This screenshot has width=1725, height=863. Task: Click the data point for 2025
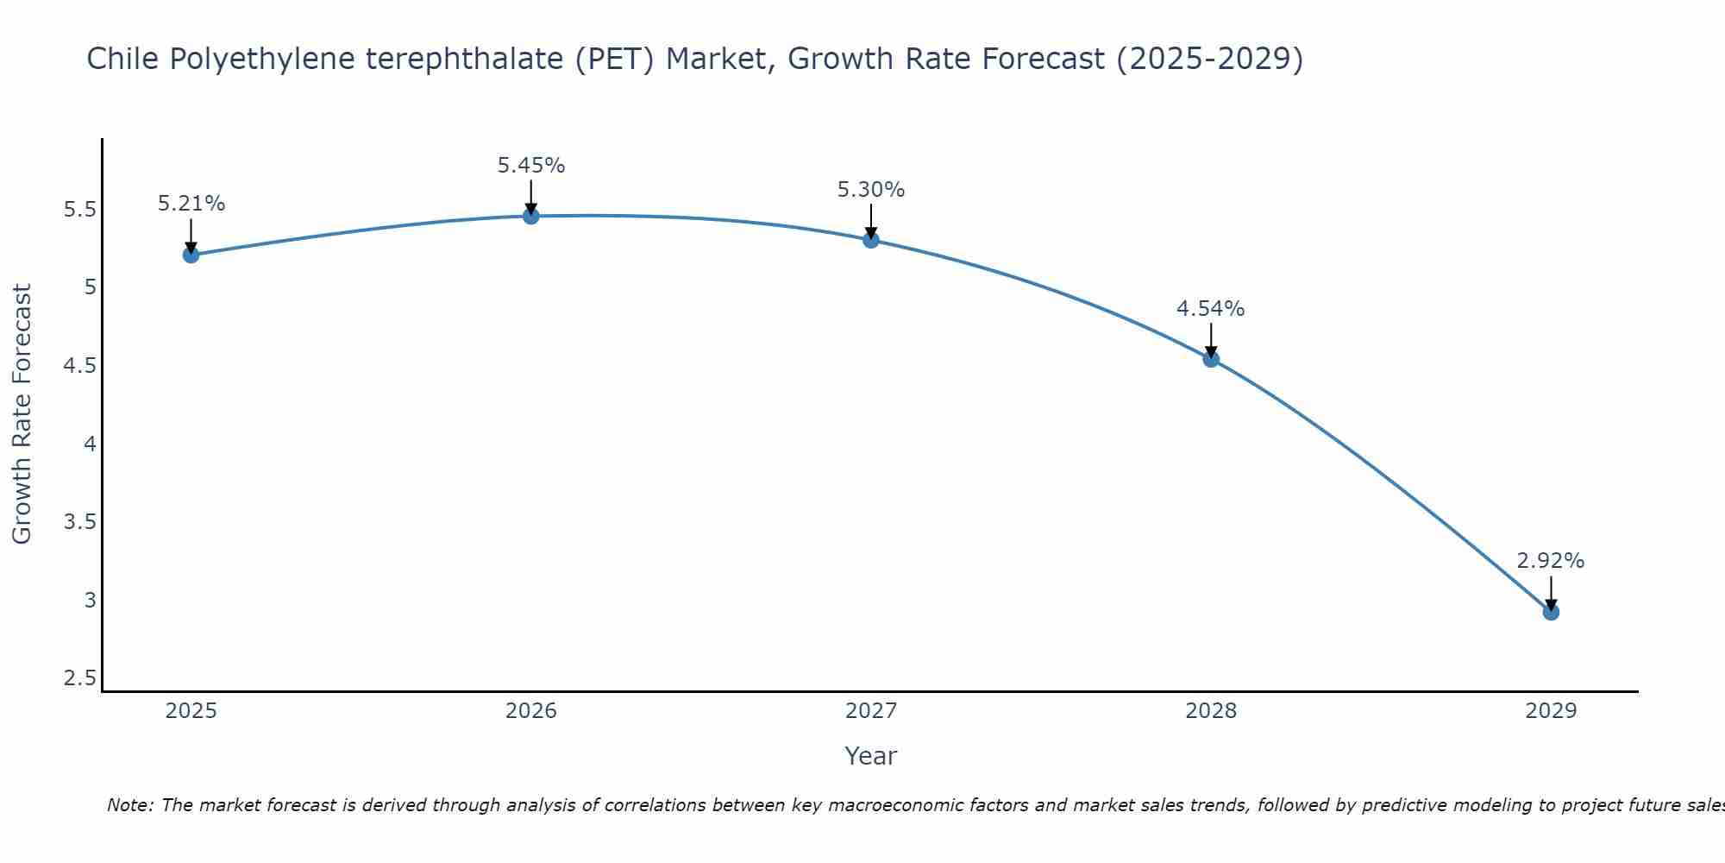[191, 255]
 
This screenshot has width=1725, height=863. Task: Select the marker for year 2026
[531, 216]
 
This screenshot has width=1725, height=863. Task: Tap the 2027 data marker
[871, 240]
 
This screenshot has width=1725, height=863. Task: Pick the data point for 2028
[1211, 359]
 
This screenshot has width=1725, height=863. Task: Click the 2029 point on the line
[1551, 612]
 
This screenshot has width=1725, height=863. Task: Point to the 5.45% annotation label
[531, 165]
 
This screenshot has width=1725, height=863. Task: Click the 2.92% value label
[1550, 561]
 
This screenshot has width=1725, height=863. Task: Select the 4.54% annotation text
[1210, 309]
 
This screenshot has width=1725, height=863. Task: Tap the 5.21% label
[191, 204]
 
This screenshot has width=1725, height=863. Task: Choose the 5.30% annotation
[871, 190]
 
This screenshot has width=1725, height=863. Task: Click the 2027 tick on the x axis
[871, 711]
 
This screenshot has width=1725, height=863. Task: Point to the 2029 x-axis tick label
[1551, 711]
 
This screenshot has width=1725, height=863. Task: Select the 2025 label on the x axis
[191, 711]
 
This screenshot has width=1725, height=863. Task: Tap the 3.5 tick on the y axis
[79, 522]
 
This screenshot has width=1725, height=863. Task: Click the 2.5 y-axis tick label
[79, 678]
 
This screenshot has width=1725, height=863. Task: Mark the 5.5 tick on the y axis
[79, 210]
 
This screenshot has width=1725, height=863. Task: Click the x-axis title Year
[871, 756]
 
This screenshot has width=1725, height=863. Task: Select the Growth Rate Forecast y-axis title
[22, 414]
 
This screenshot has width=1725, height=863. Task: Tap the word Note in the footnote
[129, 805]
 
